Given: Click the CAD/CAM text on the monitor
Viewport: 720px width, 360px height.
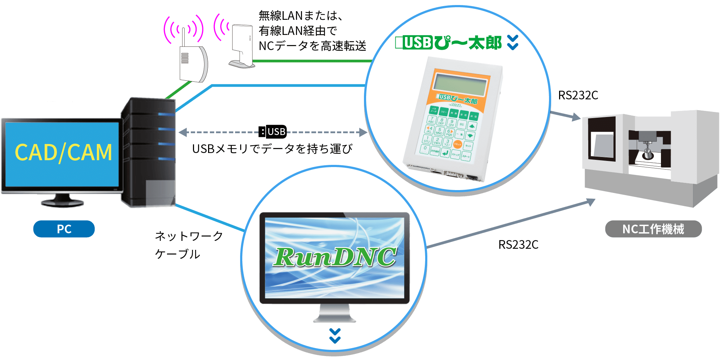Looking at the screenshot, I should click(x=63, y=152).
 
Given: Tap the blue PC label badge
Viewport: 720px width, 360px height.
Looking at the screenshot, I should click(x=64, y=229).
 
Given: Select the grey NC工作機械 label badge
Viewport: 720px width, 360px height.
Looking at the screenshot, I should click(x=653, y=229).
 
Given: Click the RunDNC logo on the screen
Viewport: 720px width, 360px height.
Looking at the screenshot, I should click(x=335, y=257).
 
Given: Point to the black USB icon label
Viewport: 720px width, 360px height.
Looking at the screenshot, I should click(x=273, y=132).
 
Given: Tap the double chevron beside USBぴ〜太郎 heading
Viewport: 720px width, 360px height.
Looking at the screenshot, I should click(x=513, y=42).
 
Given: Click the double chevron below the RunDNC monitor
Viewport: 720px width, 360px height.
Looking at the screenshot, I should click(x=335, y=336).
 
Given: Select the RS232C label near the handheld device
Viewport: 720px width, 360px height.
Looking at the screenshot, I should click(x=578, y=95).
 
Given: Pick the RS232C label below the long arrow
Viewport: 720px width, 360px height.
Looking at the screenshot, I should click(x=518, y=245).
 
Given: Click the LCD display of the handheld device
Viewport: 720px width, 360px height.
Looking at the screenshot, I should click(x=460, y=85).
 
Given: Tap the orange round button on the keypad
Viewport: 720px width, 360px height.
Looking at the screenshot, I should click(x=457, y=144).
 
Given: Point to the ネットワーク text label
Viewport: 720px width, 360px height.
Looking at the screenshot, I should click(x=189, y=236).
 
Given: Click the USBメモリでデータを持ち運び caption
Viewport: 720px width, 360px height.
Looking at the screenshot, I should click(x=272, y=149).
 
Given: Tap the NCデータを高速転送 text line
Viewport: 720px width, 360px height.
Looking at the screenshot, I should click(x=312, y=46).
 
